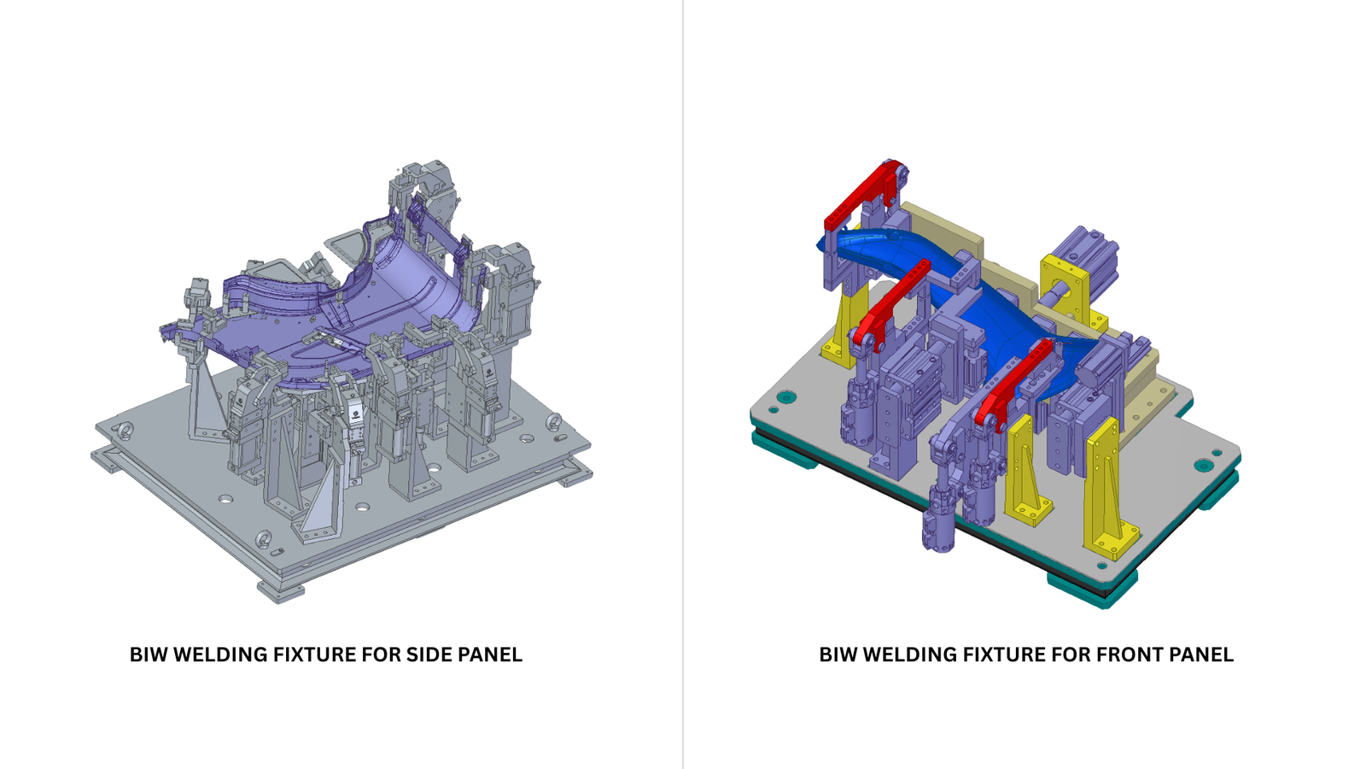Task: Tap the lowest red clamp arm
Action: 1013,384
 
